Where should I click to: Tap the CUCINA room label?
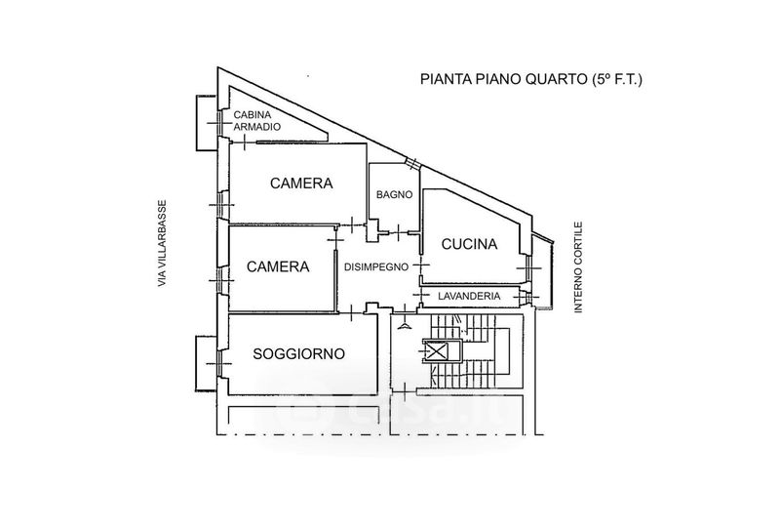[x=469, y=244]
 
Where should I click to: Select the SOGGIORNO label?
[x=299, y=353]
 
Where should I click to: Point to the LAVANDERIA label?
[x=471, y=296]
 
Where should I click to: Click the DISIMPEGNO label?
[x=375, y=266]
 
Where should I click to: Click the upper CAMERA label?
[x=301, y=183]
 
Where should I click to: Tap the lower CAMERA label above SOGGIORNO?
[x=278, y=266]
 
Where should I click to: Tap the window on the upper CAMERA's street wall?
[x=223, y=204]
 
